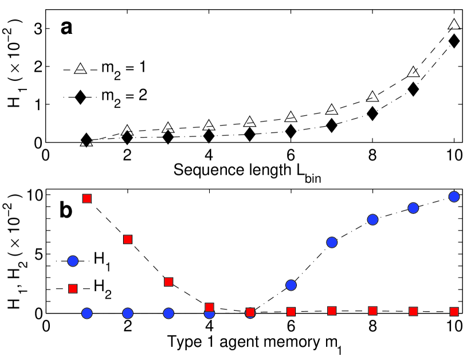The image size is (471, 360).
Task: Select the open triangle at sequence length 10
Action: point(454,25)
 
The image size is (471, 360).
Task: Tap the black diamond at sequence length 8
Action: point(372,114)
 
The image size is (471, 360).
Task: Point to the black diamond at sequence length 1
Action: point(87,139)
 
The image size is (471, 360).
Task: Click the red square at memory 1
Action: point(87,198)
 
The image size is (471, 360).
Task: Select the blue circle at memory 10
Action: point(454,197)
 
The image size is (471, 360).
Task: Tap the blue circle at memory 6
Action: point(291,285)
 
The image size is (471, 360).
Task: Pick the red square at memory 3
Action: point(168,282)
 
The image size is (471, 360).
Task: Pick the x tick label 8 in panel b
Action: point(372,325)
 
